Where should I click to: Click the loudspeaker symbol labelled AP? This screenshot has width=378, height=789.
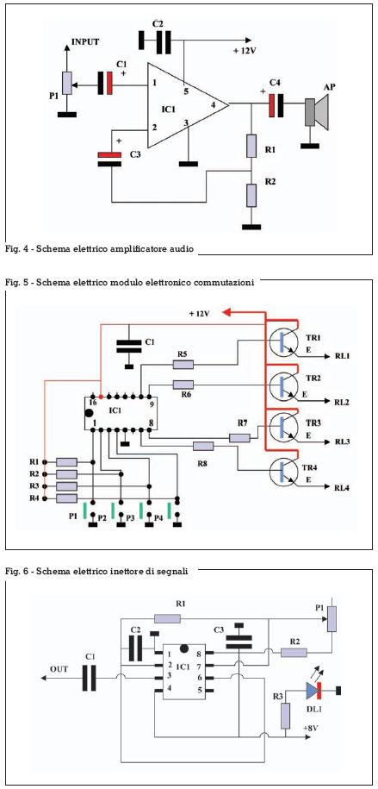click(x=316, y=110)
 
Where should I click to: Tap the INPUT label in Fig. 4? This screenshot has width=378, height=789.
click(x=85, y=41)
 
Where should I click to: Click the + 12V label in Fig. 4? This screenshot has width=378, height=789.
click(x=245, y=51)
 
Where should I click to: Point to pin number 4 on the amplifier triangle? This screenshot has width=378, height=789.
click(x=214, y=104)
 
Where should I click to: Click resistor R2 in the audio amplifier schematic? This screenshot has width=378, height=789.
click(x=251, y=195)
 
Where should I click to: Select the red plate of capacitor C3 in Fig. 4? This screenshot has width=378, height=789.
click(x=110, y=155)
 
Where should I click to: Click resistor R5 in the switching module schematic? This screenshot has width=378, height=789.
click(x=183, y=364)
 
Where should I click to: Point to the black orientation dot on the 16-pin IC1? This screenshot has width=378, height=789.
click(x=90, y=413)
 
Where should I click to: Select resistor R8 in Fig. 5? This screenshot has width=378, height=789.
click(x=203, y=445)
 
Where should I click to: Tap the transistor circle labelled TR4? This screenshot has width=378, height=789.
click(x=282, y=471)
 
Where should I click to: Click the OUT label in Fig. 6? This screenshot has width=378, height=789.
click(x=59, y=669)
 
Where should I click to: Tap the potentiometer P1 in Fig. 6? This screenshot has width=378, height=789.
click(x=332, y=619)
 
